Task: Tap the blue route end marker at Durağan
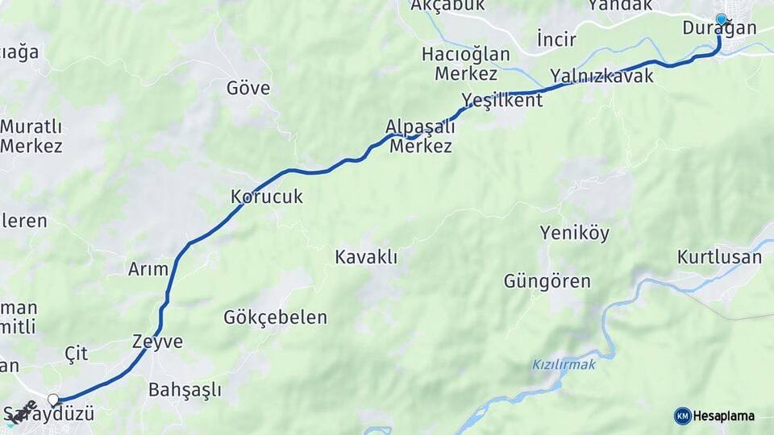[x=721, y=19]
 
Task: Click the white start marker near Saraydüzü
[x=53, y=400]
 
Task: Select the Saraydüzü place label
[x=50, y=415]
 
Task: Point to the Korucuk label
[x=267, y=197]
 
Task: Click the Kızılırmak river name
[x=564, y=365]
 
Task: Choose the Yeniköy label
[x=575, y=234]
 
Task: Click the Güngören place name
[x=547, y=282]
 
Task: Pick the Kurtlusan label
[x=719, y=258]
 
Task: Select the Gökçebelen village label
[x=276, y=317]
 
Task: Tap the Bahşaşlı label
[x=185, y=391]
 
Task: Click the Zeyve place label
[x=157, y=342]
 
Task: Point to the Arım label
[x=148, y=270]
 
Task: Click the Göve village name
[x=248, y=88]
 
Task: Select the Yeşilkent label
[x=502, y=100]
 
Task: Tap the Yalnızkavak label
[x=601, y=76]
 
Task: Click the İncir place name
[x=555, y=39]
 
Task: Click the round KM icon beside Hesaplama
[x=682, y=416]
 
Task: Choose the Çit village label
[x=76, y=353]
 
